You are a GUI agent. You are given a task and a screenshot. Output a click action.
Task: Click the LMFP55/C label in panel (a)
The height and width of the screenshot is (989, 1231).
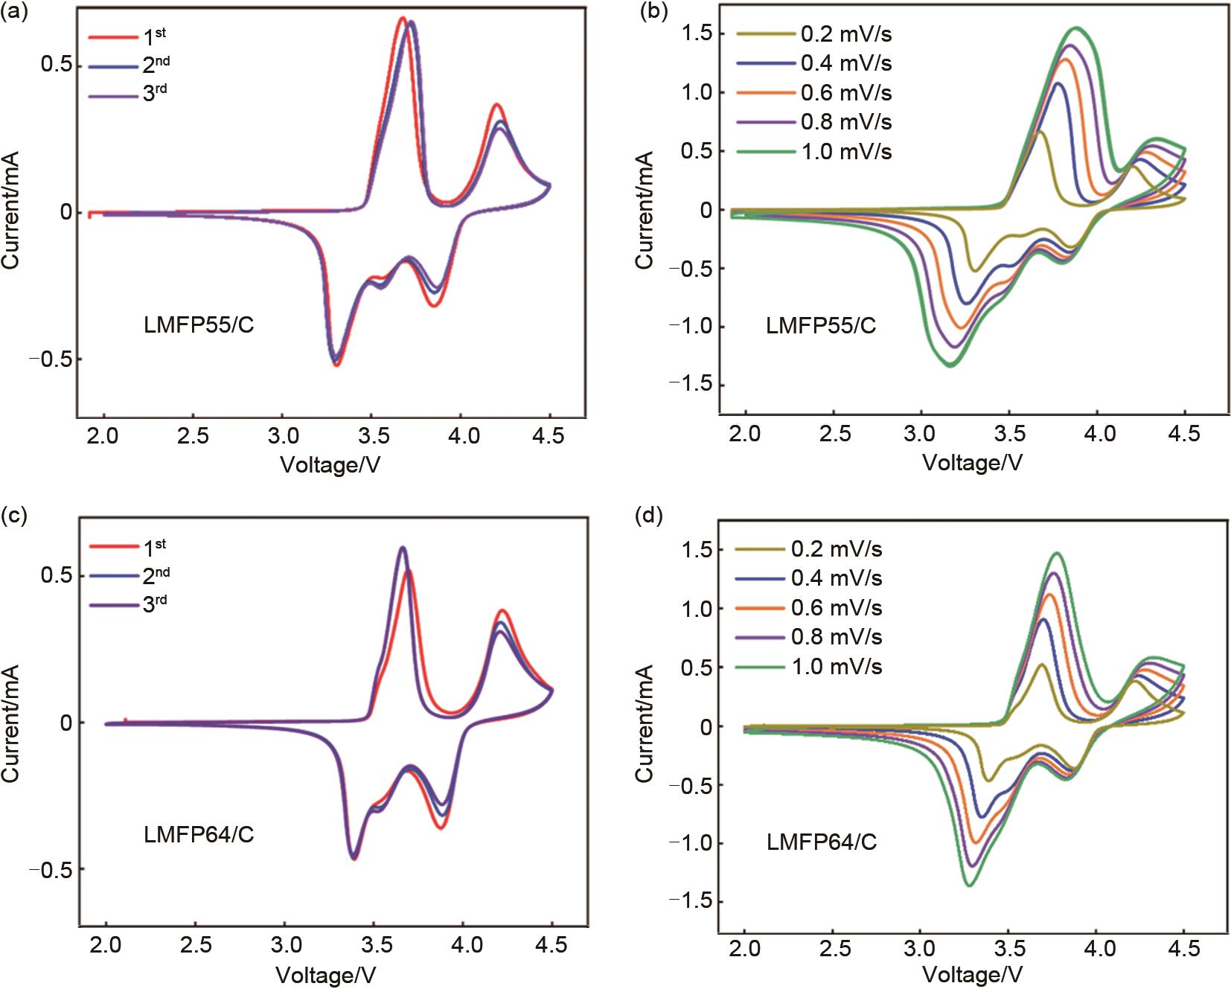[x=199, y=325]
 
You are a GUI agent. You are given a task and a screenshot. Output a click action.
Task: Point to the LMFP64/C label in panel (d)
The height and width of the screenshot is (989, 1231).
[x=822, y=842]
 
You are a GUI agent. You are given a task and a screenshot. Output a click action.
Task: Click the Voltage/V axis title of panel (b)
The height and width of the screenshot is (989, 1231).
[x=973, y=463]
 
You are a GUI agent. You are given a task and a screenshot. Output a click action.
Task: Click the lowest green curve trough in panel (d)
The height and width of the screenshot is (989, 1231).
[x=970, y=885]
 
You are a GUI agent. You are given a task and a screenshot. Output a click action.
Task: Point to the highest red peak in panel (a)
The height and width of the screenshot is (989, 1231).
[x=402, y=18]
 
